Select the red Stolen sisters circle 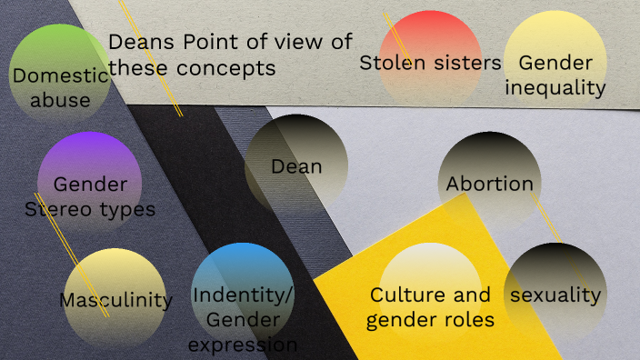(x=430, y=59)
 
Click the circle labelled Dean (x=296, y=165)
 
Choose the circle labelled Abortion (x=489, y=183)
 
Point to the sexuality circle (x=555, y=295)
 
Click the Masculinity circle (x=115, y=299)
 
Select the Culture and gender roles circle (x=430, y=295)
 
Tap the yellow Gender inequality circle (x=555, y=62)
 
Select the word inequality (x=555, y=87)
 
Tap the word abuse (x=60, y=100)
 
